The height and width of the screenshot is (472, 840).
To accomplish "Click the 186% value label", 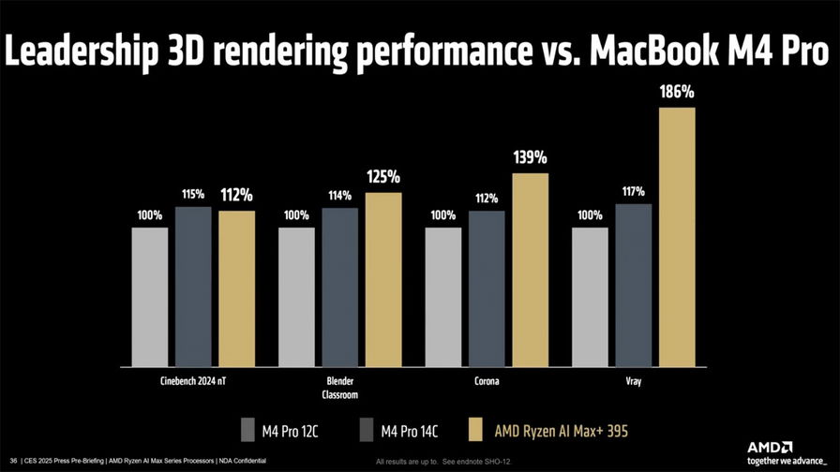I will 676,93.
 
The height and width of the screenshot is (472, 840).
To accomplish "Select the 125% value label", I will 382,176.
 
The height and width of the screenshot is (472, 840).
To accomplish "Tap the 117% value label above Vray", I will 633,192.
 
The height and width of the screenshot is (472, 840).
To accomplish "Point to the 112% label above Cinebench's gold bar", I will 235,196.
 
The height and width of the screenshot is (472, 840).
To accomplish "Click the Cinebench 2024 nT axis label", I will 193,382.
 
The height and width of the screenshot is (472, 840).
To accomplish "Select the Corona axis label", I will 486,382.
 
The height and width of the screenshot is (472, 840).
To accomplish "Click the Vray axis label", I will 633,382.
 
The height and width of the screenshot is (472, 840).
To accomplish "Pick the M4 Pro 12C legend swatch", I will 247,429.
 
